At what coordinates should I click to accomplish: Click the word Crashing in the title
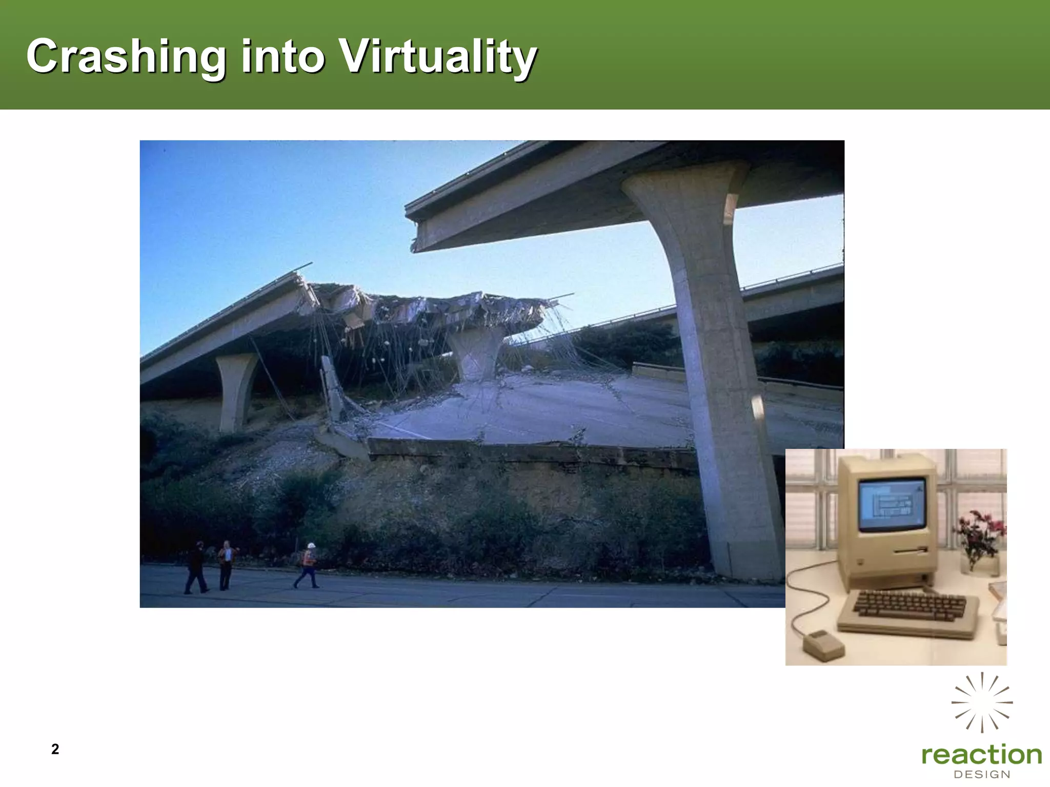[x=126, y=57]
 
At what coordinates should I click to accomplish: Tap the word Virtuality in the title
[x=439, y=57]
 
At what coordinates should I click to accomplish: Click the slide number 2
[x=55, y=749]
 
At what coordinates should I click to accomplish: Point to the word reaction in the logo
[x=981, y=755]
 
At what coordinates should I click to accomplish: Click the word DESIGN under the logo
[x=982, y=775]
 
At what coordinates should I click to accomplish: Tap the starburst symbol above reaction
[x=982, y=702]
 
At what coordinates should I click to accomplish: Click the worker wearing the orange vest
[x=308, y=566]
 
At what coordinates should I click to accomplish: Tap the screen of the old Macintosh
[x=892, y=505]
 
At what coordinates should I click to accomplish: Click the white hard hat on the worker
[x=310, y=546]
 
